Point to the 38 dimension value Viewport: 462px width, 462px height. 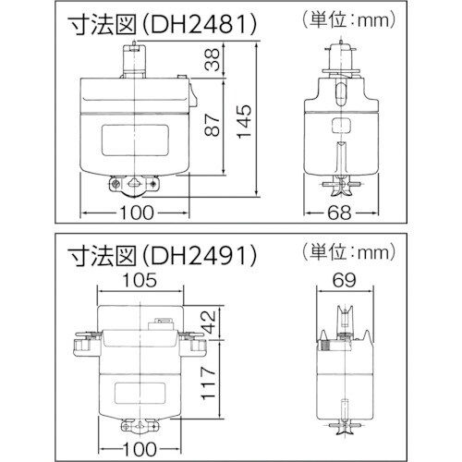(213, 61)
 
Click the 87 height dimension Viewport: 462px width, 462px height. (213, 128)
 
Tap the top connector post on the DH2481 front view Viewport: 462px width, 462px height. (136, 63)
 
